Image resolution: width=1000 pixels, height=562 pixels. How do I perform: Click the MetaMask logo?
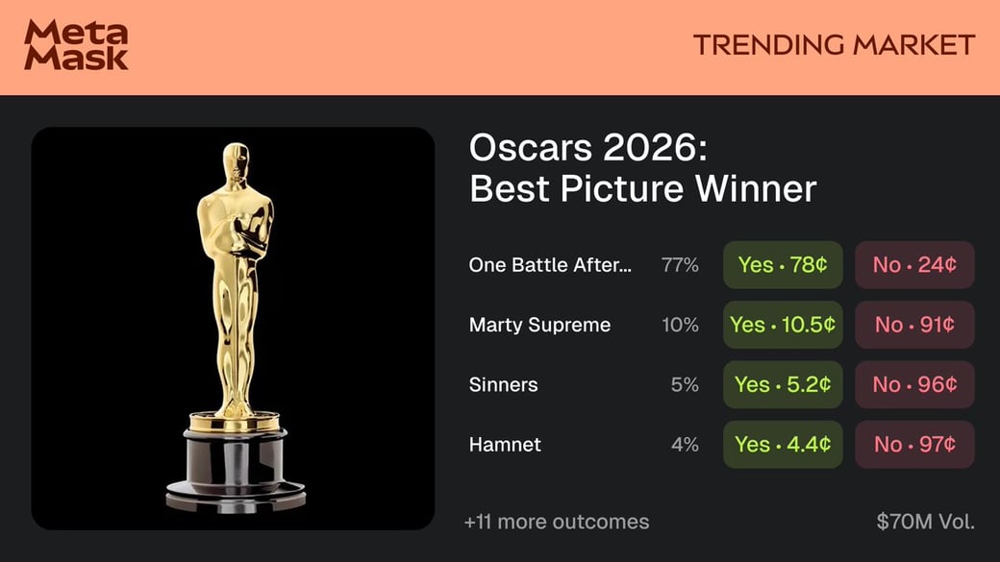pos(76,46)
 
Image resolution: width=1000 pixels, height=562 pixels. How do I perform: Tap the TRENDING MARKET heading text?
pos(834,45)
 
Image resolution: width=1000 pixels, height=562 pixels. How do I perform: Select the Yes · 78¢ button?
pos(783,265)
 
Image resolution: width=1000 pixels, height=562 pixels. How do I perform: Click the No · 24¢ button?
pos(914,265)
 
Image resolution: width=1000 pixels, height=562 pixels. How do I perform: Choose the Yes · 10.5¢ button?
pos(783,325)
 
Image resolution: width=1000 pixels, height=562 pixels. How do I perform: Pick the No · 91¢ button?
pos(914,325)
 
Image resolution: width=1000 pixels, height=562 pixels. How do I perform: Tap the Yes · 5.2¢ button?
pos(783,384)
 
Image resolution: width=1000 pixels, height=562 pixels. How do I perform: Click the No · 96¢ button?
pos(914,384)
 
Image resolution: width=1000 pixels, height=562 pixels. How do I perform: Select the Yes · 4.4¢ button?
pos(783,444)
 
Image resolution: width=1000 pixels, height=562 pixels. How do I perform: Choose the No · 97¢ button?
pos(914,444)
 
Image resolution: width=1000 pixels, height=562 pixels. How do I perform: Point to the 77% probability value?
pos(680,265)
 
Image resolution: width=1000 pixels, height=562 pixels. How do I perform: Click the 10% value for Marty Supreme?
pos(680,325)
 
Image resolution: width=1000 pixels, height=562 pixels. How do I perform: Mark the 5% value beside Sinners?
pos(685,384)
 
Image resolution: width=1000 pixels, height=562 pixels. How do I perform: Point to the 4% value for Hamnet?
pos(685,444)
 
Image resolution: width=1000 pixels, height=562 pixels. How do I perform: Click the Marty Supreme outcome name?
pos(539,325)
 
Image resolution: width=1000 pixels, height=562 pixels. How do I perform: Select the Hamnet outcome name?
pos(505,444)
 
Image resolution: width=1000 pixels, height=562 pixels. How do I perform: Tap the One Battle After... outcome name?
pos(550,265)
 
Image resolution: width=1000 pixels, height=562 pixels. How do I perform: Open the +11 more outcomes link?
pos(556,522)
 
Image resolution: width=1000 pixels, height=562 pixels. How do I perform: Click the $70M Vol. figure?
pos(925,522)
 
